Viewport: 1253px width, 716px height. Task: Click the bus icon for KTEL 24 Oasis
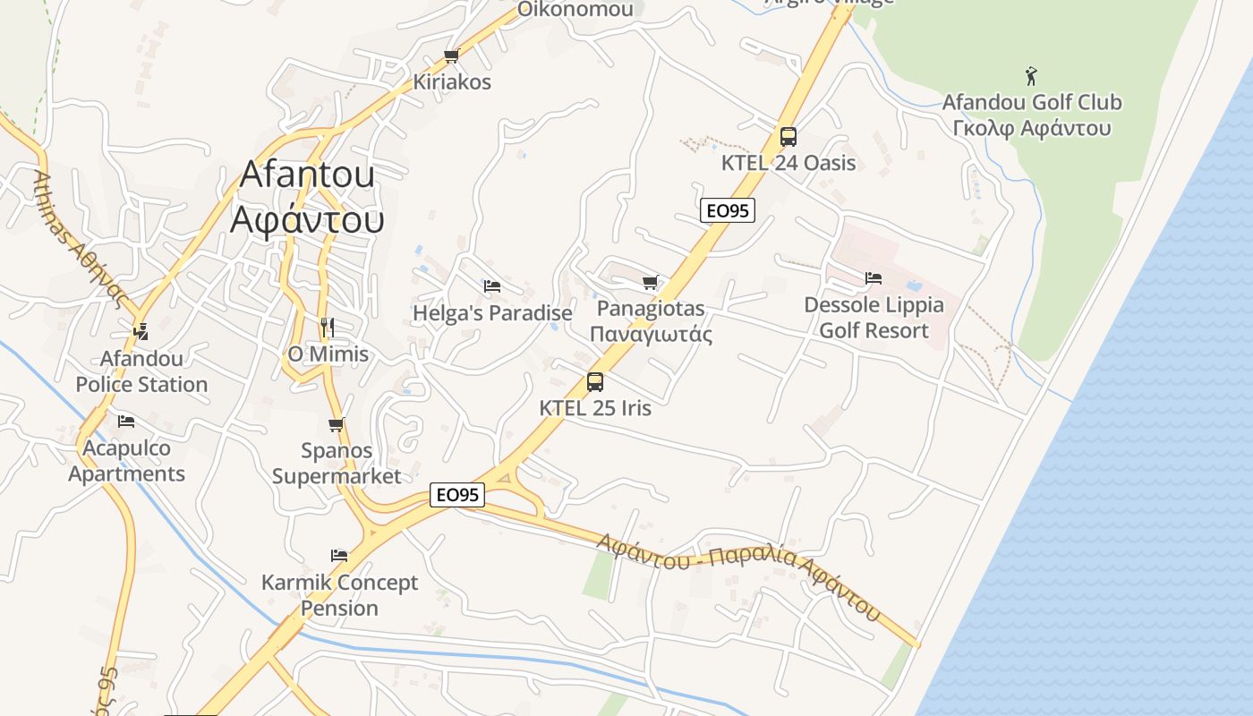click(788, 137)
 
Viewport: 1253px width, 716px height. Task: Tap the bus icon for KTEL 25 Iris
click(595, 382)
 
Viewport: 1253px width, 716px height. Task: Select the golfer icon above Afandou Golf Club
click(1031, 75)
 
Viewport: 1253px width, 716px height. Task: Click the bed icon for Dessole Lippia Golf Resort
click(874, 278)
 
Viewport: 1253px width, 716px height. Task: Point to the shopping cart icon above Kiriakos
click(452, 56)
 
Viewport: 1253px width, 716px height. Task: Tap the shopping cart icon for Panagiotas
click(651, 283)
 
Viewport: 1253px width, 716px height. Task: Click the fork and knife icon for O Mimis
click(328, 328)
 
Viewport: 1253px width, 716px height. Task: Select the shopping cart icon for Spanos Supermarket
click(337, 424)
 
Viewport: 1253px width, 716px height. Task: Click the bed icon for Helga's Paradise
click(491, 286)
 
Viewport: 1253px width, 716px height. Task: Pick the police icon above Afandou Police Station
click(141, 332)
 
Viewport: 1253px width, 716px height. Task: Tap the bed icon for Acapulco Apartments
click(126, 421)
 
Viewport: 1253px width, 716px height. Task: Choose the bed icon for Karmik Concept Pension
click(339, 556)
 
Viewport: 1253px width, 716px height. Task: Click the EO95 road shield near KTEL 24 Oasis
click(727, 210)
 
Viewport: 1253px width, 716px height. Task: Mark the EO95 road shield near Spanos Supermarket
click(456, 495)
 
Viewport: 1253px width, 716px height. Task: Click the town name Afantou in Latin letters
click(306, 174)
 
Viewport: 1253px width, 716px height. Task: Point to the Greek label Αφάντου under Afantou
click(306, 219)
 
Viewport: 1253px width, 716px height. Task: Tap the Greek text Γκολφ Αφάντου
click(1031, 128)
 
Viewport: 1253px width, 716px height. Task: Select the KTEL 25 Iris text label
click(595, 408)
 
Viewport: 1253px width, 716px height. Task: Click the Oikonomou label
click(575, 10)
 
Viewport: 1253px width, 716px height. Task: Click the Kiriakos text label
click(452, 81)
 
